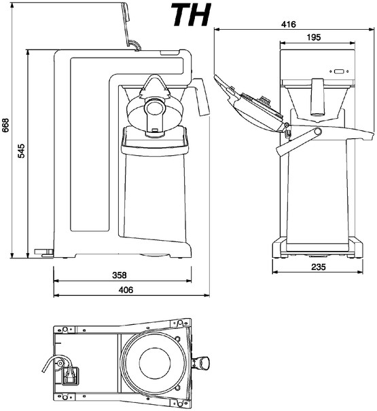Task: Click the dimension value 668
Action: click(x=5, y=125)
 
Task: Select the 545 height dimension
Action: click(x=21, y=151)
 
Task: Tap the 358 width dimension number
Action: click(x=120, y=275)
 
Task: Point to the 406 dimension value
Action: click(x=126, y=290)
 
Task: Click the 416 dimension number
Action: click(x=289, y=24)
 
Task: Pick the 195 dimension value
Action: click(x=314, y=37)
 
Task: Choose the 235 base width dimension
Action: click(x=319, y=267)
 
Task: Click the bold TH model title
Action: click(x=191, y=15)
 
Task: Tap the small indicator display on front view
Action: click(x=339, y=71)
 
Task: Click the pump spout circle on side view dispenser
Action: click(x=154, y=106)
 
